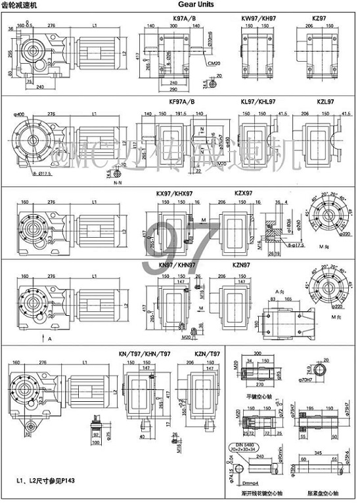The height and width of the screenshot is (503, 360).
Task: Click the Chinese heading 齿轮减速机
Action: [22, 5]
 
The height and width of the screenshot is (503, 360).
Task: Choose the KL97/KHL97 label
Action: [257, 102]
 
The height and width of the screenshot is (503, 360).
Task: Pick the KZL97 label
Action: [324, 102]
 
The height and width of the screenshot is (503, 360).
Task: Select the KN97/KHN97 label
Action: [174, 264]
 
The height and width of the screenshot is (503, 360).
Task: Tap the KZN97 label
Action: [242, 264]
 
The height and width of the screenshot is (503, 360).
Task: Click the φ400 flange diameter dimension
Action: [20, 114]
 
